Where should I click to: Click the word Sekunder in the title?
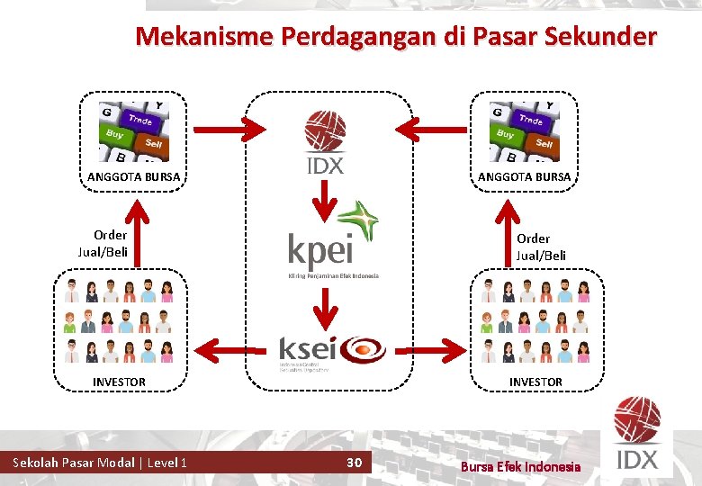(603, 37)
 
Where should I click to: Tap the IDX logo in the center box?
(324, 142)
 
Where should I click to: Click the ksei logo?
(331, 351)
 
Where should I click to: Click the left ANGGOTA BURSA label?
(133, 176)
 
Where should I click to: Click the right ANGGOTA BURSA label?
(524, 176)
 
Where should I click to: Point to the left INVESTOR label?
(119, 382)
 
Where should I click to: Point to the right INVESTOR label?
(535, 382)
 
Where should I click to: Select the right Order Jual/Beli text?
(540, 247)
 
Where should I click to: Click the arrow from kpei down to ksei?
(324, 311)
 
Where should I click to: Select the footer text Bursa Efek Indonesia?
(520, 466)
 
